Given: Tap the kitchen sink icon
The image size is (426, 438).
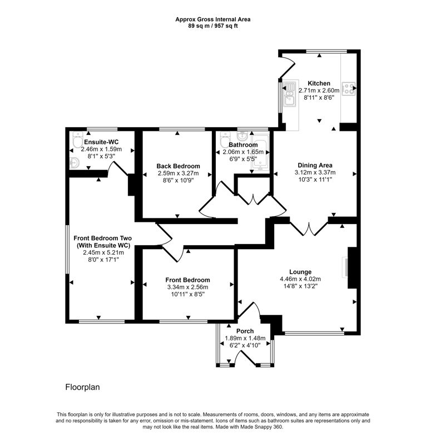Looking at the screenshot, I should (x=289, y=94).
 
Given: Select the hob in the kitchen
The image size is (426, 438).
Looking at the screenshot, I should (x=349, y=89).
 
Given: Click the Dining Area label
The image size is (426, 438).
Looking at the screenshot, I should (x=315, y=165).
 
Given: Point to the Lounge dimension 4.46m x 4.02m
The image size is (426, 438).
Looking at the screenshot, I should (x=300, y=279).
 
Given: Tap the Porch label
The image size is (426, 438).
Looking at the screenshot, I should (x=245, y=331).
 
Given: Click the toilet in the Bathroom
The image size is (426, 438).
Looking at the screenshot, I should (x=224, y=137).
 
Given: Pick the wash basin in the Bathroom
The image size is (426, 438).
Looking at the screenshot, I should (x=243, y=136).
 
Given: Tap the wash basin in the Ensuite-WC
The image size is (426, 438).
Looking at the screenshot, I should (x=75, y=162).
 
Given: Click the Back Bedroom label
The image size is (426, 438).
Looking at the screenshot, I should (x=178, y=166).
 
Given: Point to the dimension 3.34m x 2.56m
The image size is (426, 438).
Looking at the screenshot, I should (x=187, y=287).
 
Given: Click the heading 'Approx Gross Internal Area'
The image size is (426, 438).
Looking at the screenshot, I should (x=213, y=19).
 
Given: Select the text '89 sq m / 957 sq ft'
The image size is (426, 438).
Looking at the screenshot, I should (x=213, y=26).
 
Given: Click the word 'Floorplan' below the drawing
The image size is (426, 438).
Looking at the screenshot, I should (x=82, y=386).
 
